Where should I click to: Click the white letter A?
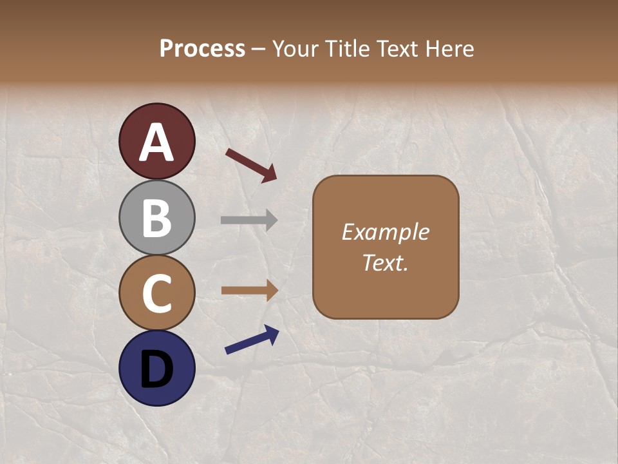tap(156, 143)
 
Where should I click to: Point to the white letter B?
tap(156, 218)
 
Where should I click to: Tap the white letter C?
tap(156, 293)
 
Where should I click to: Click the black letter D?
tap(156, 369)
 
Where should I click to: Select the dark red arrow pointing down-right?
tap(251, 165)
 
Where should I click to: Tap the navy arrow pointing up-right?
tap(252, 340)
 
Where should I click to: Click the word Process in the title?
tap(202, 48)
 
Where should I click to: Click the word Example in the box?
tap(385, 232)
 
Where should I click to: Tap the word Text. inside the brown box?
tap(385, 263)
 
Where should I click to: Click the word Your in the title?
tap(294, 48)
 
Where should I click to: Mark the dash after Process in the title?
tap(259, 50)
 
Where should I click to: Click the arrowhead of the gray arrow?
tap(272, 220)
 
